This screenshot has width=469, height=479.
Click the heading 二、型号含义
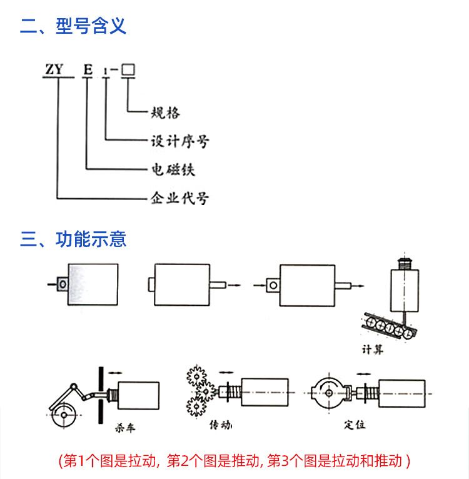coord(73,26)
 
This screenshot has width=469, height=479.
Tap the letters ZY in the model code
coord(53,69)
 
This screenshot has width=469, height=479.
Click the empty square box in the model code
coord(128,69)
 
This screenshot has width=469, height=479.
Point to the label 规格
coord(166,113)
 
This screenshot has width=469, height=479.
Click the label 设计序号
coord(180,141)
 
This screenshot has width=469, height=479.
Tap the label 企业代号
coord(180,199)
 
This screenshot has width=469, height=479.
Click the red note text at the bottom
coord(234,461)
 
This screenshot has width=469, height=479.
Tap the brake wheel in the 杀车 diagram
coord(63,414)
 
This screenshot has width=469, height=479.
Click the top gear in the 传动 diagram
coord(197,376)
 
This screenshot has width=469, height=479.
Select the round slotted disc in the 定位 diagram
coord(329,393)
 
